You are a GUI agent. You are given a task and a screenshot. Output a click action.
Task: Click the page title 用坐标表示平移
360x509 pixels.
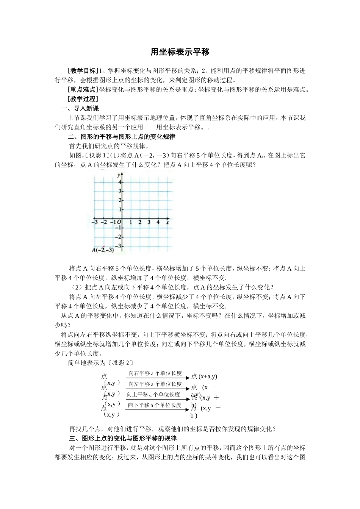(x=180, y=52)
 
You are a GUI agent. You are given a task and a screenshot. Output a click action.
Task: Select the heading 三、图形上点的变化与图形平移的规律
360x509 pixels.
(x=123, y=439)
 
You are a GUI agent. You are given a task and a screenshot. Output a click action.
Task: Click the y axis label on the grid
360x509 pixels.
(x=119, y=175)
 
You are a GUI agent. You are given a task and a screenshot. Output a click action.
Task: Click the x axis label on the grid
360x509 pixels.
(x=167, y=222)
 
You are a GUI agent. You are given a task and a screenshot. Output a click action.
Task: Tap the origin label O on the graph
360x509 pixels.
(x=119, y=222)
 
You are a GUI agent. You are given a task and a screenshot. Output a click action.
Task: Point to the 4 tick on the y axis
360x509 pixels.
(x=120, y=182)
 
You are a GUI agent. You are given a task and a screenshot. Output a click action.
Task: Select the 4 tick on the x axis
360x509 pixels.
(x=158, y=222)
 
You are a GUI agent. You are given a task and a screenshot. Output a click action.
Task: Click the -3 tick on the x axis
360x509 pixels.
(x=95, y=222)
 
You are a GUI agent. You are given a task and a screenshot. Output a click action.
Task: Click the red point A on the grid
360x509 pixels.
(x=103, y=246)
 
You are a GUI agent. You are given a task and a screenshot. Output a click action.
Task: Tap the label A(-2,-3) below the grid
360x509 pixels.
(x=103, y=250)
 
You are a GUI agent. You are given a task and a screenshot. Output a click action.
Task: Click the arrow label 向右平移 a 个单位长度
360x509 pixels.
(x=155, y=373)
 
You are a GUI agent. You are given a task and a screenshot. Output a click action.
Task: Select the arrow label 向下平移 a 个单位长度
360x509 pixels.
(x=155, y=405)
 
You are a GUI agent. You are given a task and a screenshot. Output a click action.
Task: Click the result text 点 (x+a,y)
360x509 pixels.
(x=204, y=376)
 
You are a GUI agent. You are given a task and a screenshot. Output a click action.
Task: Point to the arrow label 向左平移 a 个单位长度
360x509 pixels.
(x=155, y=384)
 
